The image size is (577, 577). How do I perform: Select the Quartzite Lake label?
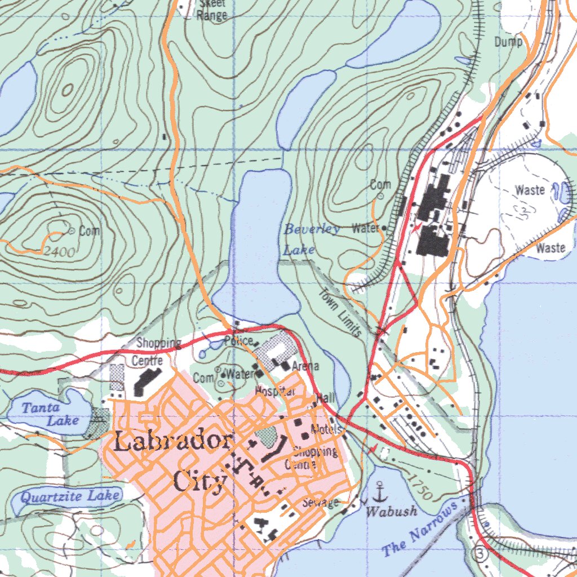[70, 496]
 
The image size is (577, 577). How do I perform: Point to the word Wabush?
[392, 511]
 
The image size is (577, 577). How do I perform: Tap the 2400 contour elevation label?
[59, 252]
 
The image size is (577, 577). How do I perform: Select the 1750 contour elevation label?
[420, 487]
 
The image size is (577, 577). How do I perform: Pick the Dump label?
[508, 42]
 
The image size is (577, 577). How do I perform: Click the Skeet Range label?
[212, 10]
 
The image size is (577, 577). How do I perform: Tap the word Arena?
[305, 366]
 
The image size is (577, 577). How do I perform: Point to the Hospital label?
[276, 390]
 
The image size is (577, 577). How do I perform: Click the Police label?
[238, 340]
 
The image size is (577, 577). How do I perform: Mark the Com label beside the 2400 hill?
[90, 230]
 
